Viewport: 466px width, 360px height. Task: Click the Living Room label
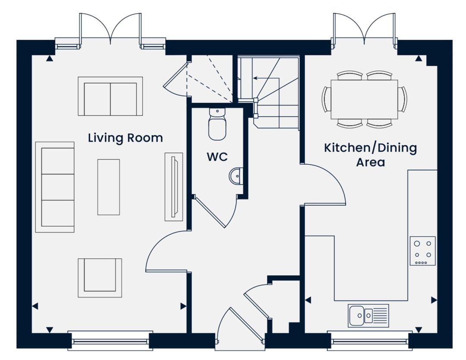pyautogui.click(x=126, y=138)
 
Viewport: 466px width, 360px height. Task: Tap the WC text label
pyautogui.click(x=217, y=157)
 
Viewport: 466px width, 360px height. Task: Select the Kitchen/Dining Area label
pyautogui.click(x=371, y=155)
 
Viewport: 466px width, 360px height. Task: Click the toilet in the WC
pyautogui.click(x=217, y=124)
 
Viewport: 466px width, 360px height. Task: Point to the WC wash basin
pyautogui.click(x=236, y=176)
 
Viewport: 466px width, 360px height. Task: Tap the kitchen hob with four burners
pyautogui.click(x=422, y=250)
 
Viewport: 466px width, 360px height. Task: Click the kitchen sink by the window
pyautogui.click(x=368, y=316)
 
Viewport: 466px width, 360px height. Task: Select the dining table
pyautogui.click(x=364, y=99)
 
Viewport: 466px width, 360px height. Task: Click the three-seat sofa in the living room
pyautogui.click(x=55, y=187)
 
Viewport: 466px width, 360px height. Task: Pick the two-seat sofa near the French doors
pyautogui.click(x=110, y=96)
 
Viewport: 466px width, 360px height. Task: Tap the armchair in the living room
pyautogui.click(x=100, y=278)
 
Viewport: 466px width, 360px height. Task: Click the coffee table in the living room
pyautogui.click(x=108, y=187)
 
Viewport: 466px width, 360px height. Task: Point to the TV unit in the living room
pyautogui.click(x=174, y=187)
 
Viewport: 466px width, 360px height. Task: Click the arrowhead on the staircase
pyautogui.click(x=255, y=78)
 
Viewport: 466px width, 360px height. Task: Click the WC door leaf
pyautogui.click(x=211, y=212)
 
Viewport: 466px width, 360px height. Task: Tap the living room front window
pyautogui.click(x=110, y=341)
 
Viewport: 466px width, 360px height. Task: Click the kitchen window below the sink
pyautogui.click(x=370, y=341)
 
